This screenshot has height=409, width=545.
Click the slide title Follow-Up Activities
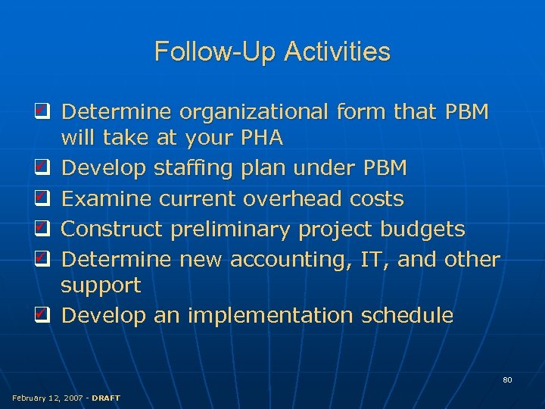click(x=272, y=52)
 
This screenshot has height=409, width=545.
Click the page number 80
click(x=507, y=379)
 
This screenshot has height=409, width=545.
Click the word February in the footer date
click(x=30, y=398)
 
